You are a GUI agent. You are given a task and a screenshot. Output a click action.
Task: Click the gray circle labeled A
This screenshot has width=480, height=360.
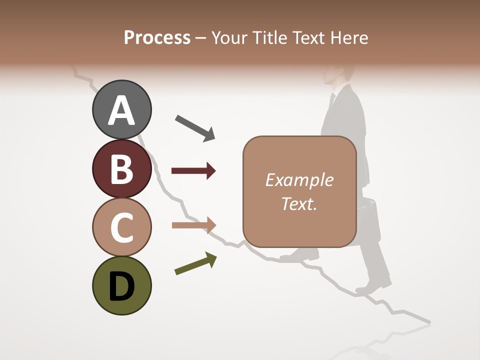[x=121, y=109]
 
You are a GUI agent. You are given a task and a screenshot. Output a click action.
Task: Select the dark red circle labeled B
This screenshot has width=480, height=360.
[x=121, y=168]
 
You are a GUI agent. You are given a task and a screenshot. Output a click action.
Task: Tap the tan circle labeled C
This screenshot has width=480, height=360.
[x=121, y=227]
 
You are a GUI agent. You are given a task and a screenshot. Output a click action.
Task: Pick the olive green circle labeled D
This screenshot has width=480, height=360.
[x=121, y=285]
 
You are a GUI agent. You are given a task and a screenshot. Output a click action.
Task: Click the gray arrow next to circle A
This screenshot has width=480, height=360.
[x=195, y=127]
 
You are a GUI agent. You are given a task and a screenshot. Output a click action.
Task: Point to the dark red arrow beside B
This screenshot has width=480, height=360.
[x=193, y=171]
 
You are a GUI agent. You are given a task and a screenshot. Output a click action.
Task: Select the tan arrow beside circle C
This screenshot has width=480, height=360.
[x=193, y=225]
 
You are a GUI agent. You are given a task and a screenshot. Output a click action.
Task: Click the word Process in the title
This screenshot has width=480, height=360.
[x=157, y=37]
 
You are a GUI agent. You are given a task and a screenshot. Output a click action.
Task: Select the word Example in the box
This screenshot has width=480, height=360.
[x=299, y=180]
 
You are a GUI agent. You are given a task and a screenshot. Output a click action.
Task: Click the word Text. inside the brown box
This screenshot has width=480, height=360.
[x=299, y=203]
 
